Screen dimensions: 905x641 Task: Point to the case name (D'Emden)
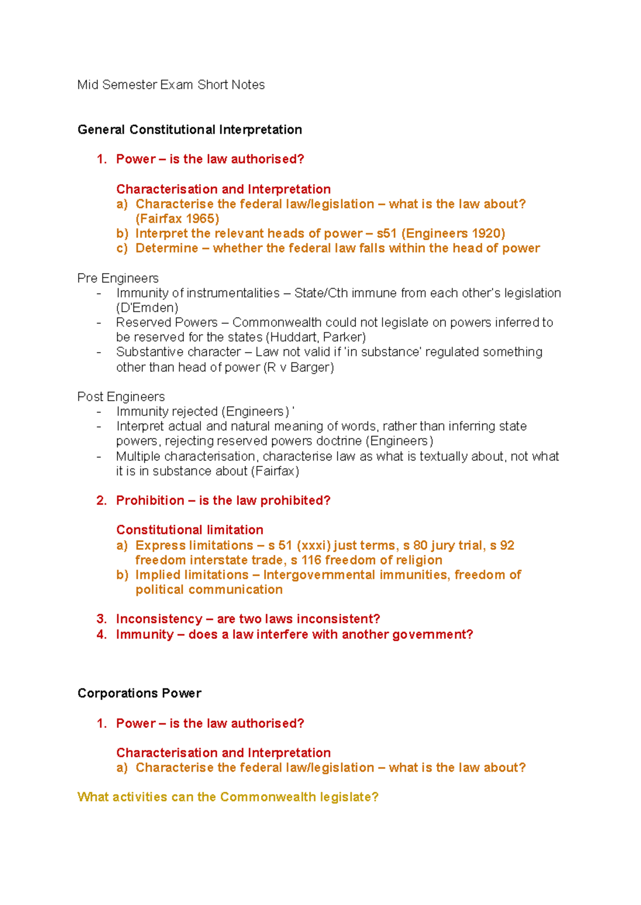pyautogui.click(x=147, y=308)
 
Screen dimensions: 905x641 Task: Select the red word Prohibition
pyautogui.click(x=150, y=501)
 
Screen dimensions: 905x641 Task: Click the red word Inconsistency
pyautogui.click(x=159, y=619)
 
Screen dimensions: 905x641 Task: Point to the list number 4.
pyautogui.click(x=101, y=634)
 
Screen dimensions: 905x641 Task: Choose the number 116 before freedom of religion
pyautogui.click(x=311, y=560)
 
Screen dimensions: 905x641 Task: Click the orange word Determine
pyautogui.click(x=167, y=248)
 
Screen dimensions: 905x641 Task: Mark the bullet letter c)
pyautogui.click(x=122, y=248)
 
